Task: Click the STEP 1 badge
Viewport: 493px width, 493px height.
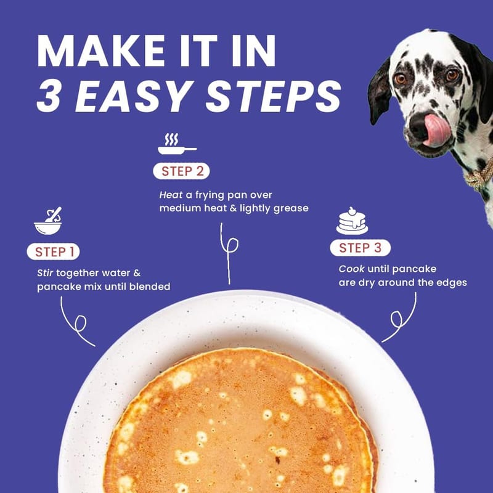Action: [53, 251]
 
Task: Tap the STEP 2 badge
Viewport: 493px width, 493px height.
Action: [181, 171]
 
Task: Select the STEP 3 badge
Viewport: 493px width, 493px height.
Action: [361, 248]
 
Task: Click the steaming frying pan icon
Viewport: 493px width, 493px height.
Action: [177, 144]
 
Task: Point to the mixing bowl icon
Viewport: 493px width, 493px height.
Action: [48, 221]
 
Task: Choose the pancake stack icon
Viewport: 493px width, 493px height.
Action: [352, 221]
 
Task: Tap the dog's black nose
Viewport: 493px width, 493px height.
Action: [420, 126]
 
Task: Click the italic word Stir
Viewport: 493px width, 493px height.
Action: [45, 272]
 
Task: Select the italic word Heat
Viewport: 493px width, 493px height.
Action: [171, 195]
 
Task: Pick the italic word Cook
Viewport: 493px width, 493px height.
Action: [351, 269]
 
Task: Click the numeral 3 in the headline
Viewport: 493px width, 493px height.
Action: [49, 96]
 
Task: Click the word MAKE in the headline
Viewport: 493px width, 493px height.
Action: [100, 51]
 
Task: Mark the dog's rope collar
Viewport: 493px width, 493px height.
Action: [478, 174]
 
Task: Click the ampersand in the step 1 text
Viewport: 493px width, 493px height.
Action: [137, 272]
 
